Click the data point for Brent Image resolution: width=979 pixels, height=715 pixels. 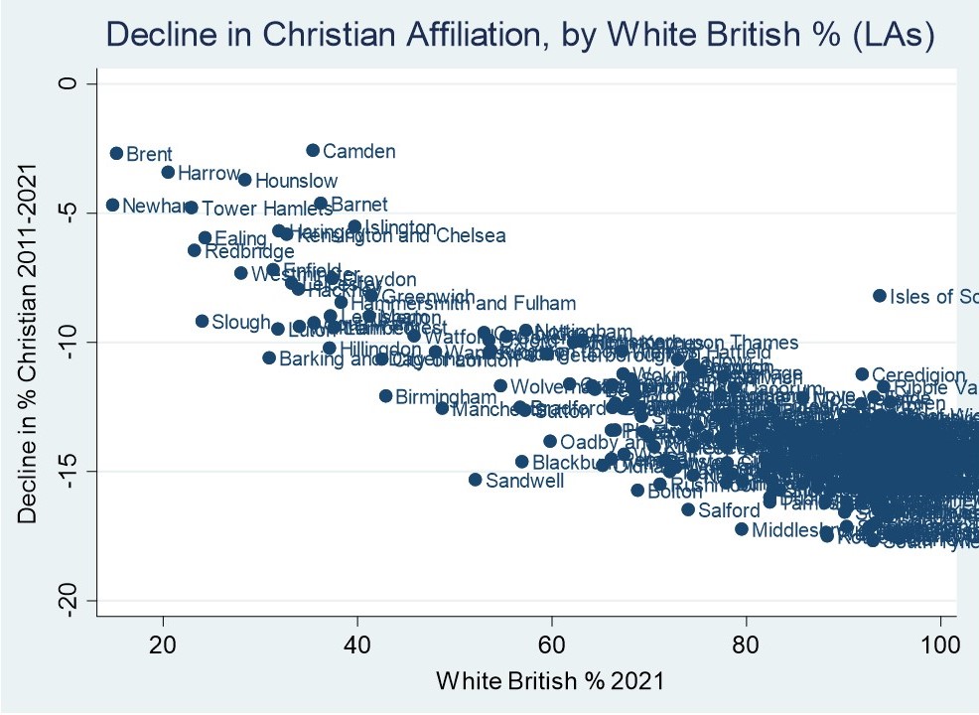(116, 153)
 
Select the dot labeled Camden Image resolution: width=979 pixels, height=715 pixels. (313, 150)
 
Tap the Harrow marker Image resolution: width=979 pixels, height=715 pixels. (168, 172)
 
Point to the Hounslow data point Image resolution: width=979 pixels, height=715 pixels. (244, 180)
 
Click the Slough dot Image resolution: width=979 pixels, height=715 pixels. (202, 321)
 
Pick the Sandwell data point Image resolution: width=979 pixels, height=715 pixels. (475, 480)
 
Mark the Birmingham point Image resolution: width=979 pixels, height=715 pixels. (386, 395)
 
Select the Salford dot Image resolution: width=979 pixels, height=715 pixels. (687, 509)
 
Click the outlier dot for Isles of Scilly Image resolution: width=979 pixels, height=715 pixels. (879, 295)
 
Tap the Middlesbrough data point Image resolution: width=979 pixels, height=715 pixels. (741, 528)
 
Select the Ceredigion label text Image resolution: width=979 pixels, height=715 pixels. (918, 375)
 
